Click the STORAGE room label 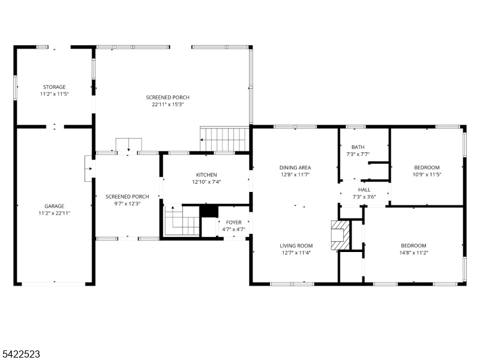(x=54, y=87)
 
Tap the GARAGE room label (x=54, y=206)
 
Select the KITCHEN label (x=206, y=175)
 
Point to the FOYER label (x=234, y=223)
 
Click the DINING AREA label (x=295, y=167)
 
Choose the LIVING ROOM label (x=296, y=245)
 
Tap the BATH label (x=358, y=147)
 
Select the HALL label (x=364, y=190)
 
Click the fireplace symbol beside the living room (x=340, y=235)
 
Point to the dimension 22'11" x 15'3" (x=167, y=104)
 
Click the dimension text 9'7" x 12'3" (x=127, y=203)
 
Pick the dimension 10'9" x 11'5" (x=427, y=175)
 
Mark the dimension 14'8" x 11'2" (x=413, y=253)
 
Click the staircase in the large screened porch (x=224, y=139)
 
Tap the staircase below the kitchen (x=182, y=221)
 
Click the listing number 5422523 (x=21, y=354)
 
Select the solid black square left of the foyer (x=209, y=211)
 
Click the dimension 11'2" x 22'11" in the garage (x=54, y=213)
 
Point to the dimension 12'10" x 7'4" (x=206, y=182)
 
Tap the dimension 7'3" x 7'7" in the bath (x=358, y=154)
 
